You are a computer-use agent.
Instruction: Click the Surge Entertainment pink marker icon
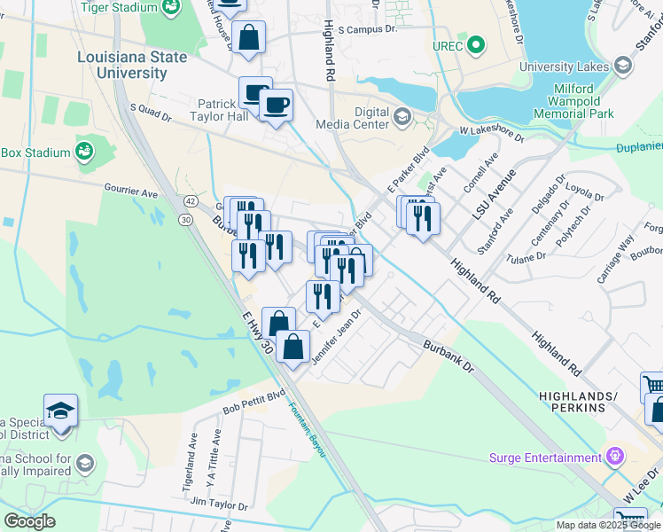click(x=616, y=458)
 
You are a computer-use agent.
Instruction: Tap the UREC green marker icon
click(x=476, y=44)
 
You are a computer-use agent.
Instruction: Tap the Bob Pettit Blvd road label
click(x=254, y=406)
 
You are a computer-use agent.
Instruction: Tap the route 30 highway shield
click(x=185, y=219)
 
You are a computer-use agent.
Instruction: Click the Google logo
click(x=29, y=520)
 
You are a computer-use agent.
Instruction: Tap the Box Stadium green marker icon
click(x=85, y=152)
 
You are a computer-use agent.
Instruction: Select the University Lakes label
click(x=564, y=66)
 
